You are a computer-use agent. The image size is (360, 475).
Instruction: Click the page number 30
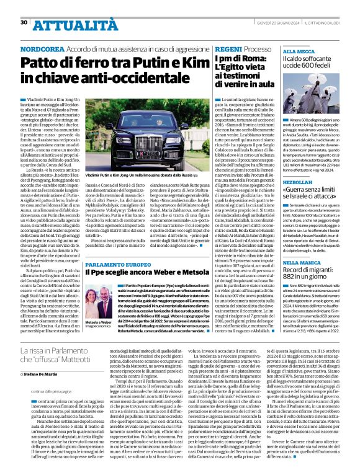[x=24, y=22]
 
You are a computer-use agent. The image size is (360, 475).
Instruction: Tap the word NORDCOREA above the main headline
[x=42, y=48]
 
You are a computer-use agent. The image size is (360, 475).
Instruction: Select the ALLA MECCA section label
[x=297, y=51]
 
